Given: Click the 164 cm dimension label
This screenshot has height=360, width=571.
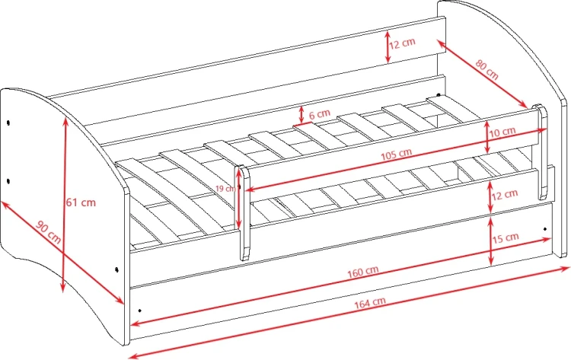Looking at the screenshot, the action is coord(370,303).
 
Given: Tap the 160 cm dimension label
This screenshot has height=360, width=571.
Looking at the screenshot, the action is coord(362,272).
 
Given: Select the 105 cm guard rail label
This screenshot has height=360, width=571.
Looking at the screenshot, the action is coord(396,155).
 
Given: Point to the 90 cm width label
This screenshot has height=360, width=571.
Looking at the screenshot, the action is coord(48,232).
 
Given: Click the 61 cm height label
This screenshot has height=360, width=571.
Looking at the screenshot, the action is coord(81,202).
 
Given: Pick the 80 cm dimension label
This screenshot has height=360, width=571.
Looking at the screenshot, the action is coord(486,69).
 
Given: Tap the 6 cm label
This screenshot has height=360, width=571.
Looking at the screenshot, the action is coord(319,115).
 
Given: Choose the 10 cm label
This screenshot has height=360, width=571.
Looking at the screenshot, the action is coord(502,132).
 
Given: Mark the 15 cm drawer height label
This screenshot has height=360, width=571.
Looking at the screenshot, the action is coord(506,238).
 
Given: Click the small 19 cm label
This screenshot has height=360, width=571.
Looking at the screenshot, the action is coord(225,189).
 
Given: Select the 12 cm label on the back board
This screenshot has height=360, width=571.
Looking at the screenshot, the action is coord(402,43).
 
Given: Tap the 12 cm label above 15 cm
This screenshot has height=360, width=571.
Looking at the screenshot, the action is coord(505,195).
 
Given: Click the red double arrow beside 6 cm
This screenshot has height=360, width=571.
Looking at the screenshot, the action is coord(301,115).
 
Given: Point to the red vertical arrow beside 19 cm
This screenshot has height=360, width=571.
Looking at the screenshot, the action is coord(239,199).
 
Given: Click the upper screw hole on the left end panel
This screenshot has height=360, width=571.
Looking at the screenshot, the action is coord(8,123).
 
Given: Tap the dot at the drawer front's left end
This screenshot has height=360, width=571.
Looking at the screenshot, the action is coord(140,311).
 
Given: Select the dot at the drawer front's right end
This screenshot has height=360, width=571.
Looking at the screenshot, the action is coord(545,229).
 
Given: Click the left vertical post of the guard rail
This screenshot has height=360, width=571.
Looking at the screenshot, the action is coord(244,213).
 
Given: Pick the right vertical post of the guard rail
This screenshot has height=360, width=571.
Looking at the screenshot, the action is coord(541,151).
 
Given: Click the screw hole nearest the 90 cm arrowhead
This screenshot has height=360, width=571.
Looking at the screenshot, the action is coord(116,269).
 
